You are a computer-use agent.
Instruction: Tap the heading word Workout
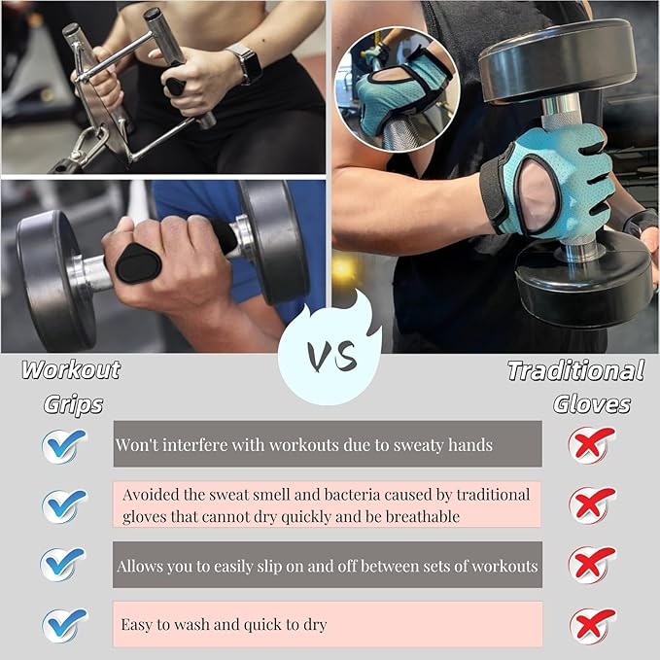pyautogui.click(x=71, y=369)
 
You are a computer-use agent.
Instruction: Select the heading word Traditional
pyautogui.click(x=575, y=370)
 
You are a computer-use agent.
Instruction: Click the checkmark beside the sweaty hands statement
pyautogui.click(x=64, y=445)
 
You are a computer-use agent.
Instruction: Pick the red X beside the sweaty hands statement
pyautogui.click(x=593, y=444)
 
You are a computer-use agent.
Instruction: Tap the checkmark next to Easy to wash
pyautogui.click(x=64, y=624)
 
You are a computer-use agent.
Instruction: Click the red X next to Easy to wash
pyautogui.click(x=593, y=624)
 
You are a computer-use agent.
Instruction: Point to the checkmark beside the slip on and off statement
pyautogui.click(x=64, y=565)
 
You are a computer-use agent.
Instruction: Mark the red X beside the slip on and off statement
pyautogui.click(x=593, y=565)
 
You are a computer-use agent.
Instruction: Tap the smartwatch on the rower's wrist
pyautogui.click(x=248, y=63)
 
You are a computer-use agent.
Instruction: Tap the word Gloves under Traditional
pyautogui.click(x=592, y=403)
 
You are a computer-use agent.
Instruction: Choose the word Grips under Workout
pyautogui.click(x=73, y=403)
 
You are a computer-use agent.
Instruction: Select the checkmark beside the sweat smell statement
pyautogui.click(x=64, y=504)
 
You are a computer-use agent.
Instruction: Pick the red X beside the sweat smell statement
pyautogui.click(x=593, y=504)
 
